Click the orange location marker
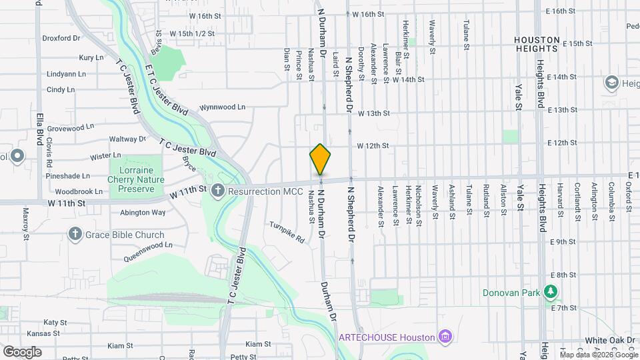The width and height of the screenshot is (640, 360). pos(320,159)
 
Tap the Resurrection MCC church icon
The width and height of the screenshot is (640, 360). pos(217,191)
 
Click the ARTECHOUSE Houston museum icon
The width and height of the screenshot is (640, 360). pos(444,337)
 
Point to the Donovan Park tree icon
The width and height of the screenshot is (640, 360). pos(551,291)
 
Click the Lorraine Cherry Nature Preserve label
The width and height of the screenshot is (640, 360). pos(135,179)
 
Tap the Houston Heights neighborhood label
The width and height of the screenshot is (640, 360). pos(545,45)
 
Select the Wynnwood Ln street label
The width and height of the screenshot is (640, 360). pos(223,107)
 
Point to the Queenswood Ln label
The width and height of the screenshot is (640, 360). pos(143,245)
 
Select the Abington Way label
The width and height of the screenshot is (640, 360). pos(143,213)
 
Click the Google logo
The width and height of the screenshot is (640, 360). pos(21,351)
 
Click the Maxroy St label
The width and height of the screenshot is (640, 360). pos(27,223)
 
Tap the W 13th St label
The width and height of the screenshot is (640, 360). pos(373,113)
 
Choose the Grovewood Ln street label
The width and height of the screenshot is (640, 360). pos(70,127)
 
